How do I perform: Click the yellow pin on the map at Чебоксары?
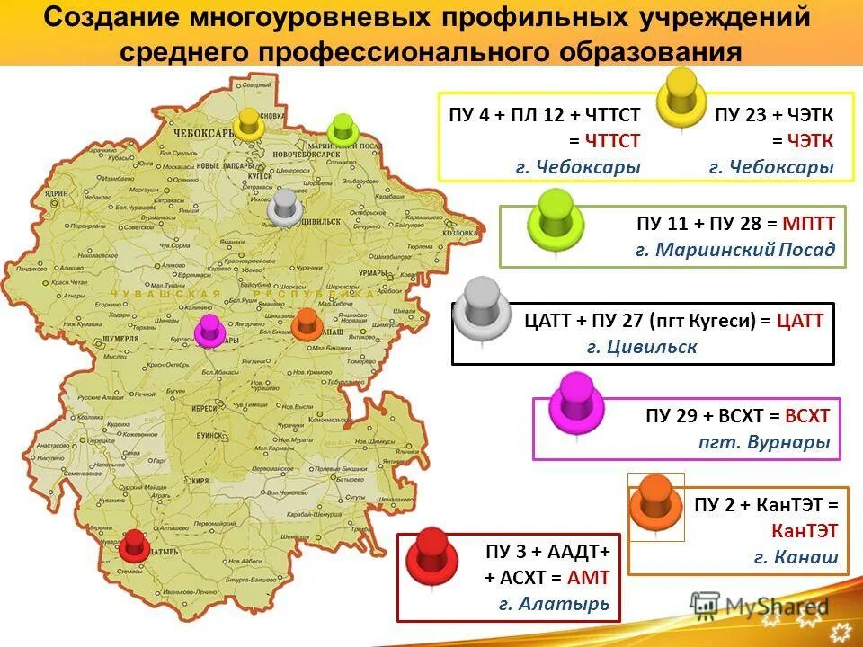click(247, 124)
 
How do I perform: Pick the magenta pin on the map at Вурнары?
click(209, 330)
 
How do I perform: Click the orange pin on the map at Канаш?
click(306, 323)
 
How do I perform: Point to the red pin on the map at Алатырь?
click(135, 544)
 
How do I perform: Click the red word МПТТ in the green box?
click(808, 223)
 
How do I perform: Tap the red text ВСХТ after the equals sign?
click(806, 416)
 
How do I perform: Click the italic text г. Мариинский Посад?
click(734, 250)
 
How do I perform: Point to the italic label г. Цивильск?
click(642, 347)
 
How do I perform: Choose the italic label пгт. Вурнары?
click(764, 443)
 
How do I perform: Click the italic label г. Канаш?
click(796, 557)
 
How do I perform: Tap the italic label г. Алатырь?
click(555, 604)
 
